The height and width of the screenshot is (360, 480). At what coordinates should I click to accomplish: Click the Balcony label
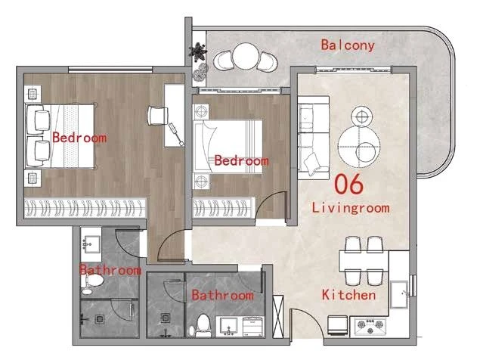pyautogui.click(x=348, y=45)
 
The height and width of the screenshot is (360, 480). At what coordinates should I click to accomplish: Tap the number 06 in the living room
pyautogui.click(x=348, y=184)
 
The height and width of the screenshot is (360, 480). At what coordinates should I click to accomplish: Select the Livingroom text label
pyautogui.click(x=351, y=208)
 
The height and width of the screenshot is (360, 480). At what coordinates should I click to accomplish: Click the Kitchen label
pyautogui.click(x=348, y=295)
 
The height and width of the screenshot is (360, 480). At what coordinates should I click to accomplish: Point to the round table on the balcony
pyautogui.click(x=246, y=57)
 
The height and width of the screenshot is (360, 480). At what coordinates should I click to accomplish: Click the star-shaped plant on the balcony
pyautogui.click(x=198, y=51)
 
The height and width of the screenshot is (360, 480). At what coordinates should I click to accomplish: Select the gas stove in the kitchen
pyautogui.click(x=370, y=326)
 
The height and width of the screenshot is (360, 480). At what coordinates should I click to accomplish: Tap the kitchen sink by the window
pyautogui.click(x=399, y=294)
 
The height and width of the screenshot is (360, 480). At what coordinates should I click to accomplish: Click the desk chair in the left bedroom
pyautogui.click(x=158, y=115)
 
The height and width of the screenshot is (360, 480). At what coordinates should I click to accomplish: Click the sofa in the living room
pyautogui.click(x=314, y=138)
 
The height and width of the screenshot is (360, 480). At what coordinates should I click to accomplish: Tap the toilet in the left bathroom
pyautogui.click(x=92, y=280)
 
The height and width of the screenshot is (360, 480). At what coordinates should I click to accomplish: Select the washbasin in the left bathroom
pyautogui.click(x=91, y=244)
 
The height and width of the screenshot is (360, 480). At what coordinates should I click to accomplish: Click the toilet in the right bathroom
pyautogui.click(x=203, y=325)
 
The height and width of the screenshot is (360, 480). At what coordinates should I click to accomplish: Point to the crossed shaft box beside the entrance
pyautogui.click(x=278, y=316)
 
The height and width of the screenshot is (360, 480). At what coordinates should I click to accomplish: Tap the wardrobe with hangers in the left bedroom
pyautogui.click(x=85, y=208)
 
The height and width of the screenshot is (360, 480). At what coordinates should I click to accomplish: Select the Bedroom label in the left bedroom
pyautogui.click(x=79, y=138)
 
